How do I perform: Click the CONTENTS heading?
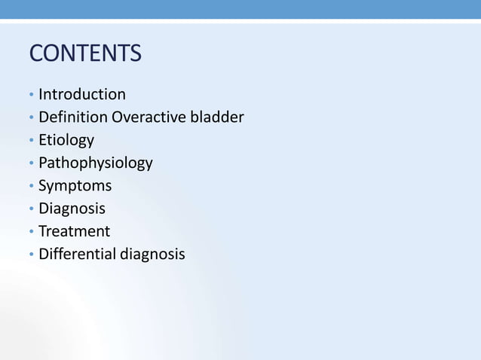click(x=84, y=54)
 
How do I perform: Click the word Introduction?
click(x=82, y=94)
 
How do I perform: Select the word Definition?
click(x=73, y=117)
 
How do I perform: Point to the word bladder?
click(x=216, y=117)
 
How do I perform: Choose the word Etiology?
click(x=66, y=140)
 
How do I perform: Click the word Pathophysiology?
click(x=96, y=163)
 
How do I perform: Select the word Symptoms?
click(x=75, y=186)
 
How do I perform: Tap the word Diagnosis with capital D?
click(x=72, y=209)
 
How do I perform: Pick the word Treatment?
click(x=74, y=231)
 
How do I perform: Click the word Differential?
click(x=76, y=254)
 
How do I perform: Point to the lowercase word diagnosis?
click(x=151, y=255)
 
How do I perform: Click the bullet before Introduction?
click(x=31, y=96)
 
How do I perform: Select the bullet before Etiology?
click(x=31, y=142)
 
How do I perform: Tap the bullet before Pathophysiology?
click(x=31, y=164)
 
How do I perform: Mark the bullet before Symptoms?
click(x=31, y=187)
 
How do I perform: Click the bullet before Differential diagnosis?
click(x=31, y=255)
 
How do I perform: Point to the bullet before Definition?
click(x=31, y=118)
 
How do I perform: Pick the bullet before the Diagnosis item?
click(x=31, y=209)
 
